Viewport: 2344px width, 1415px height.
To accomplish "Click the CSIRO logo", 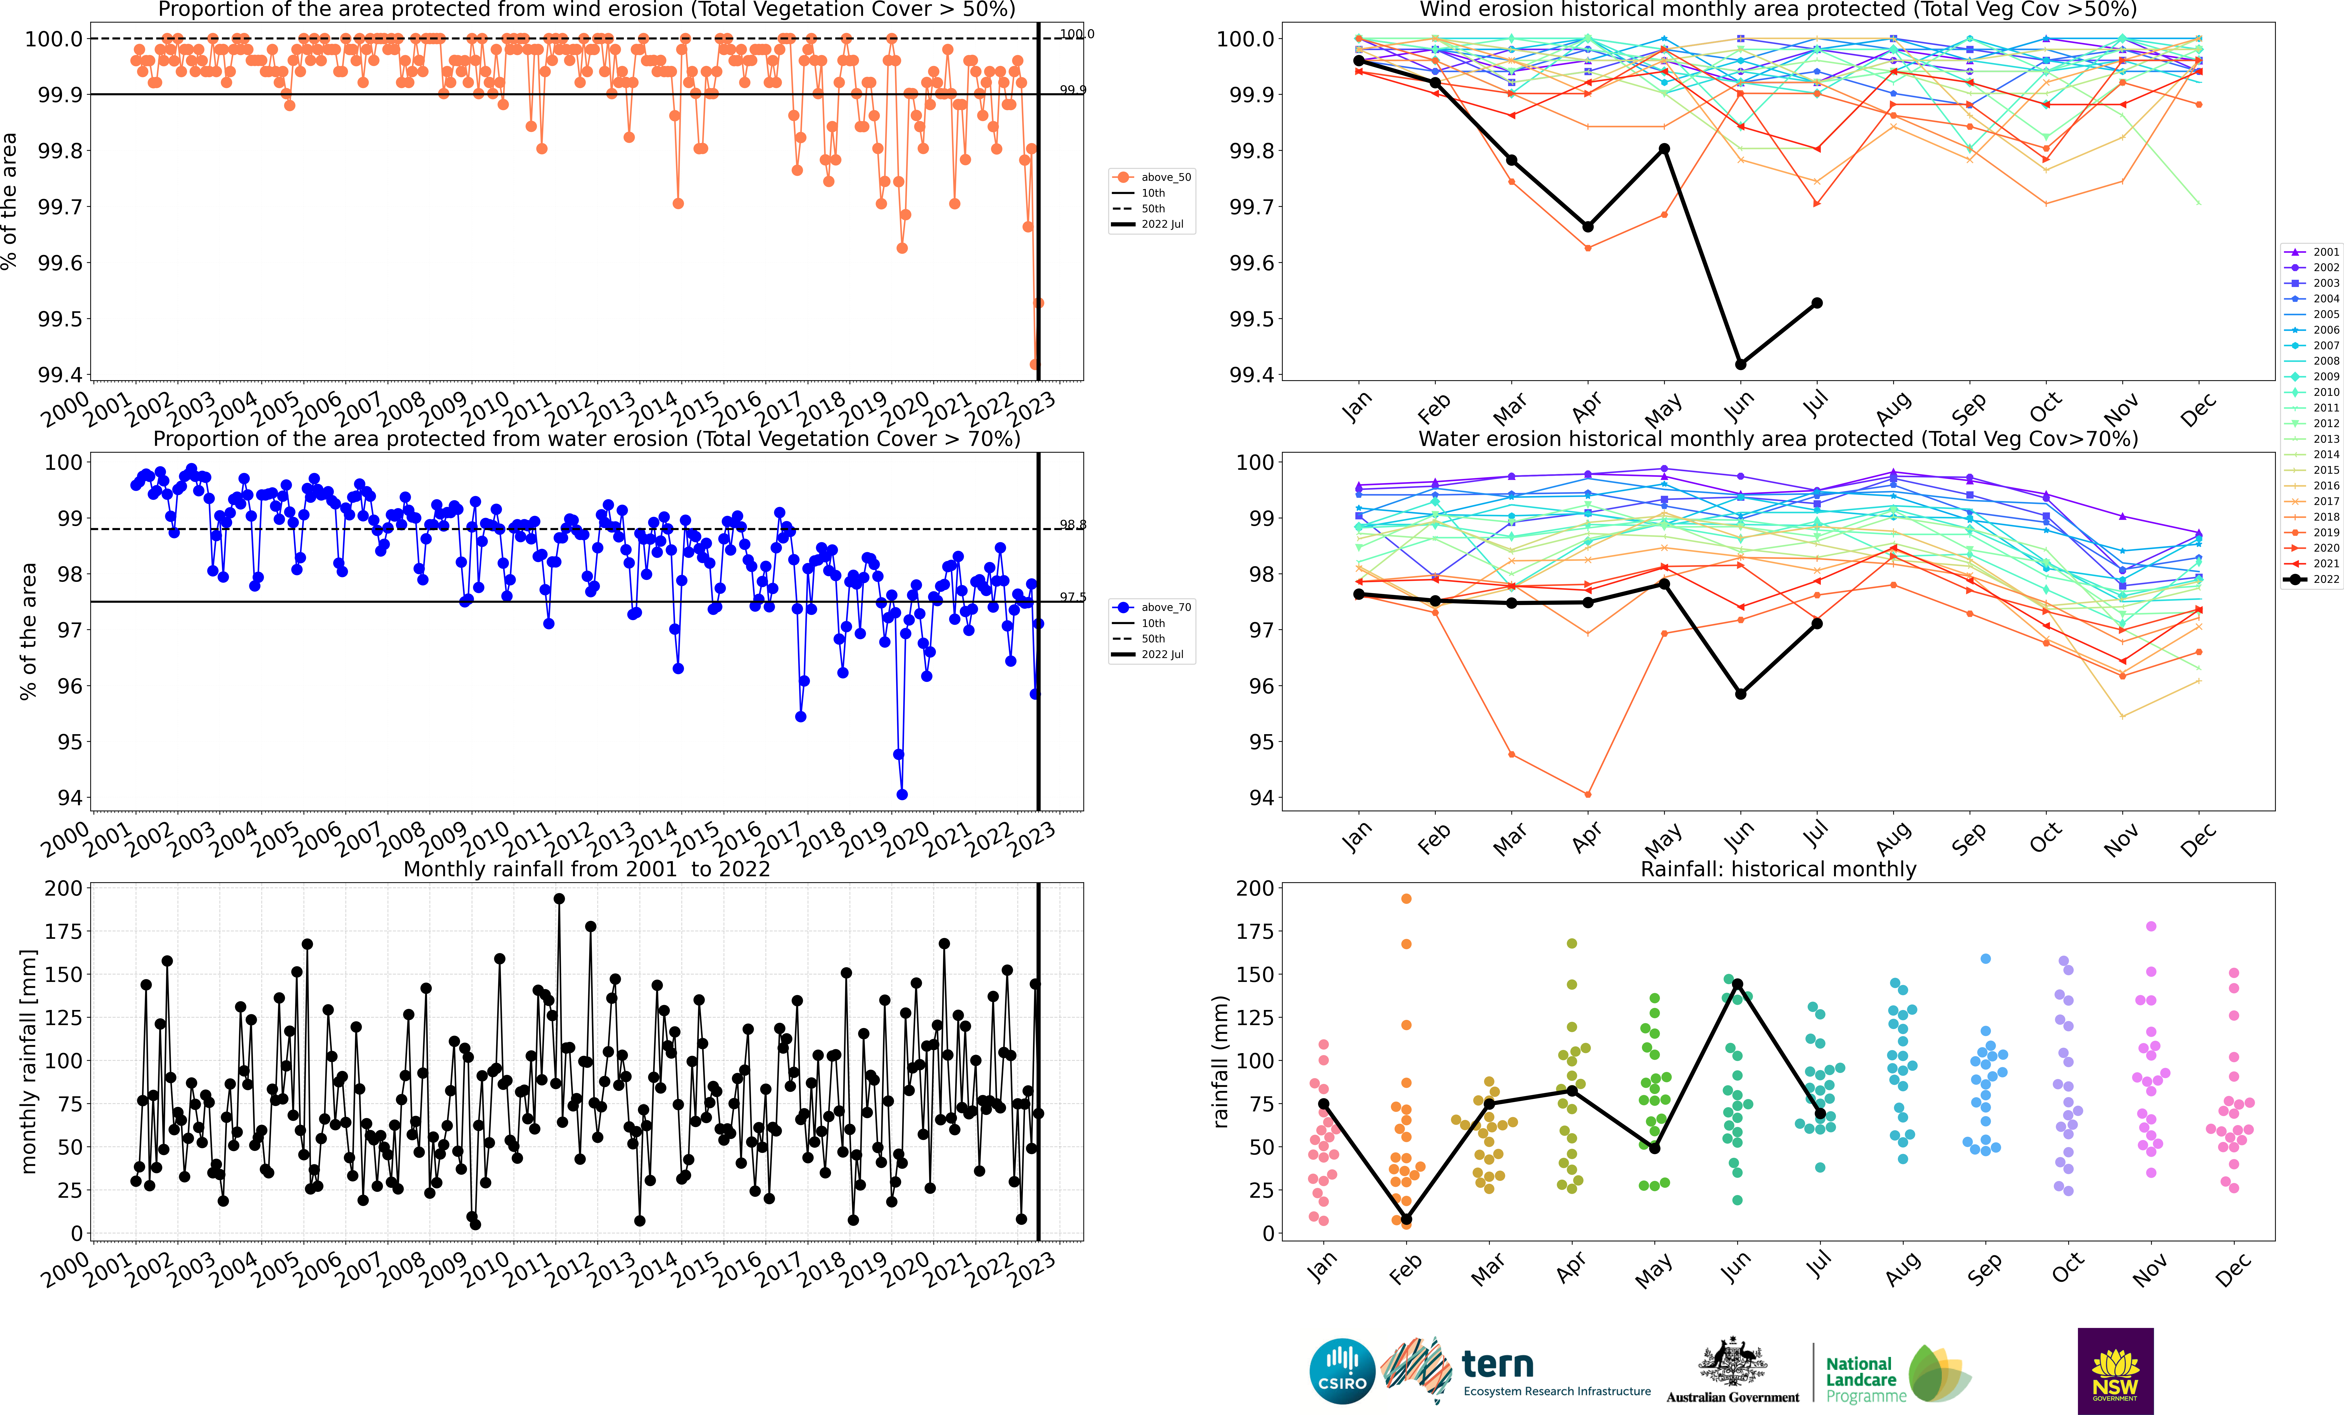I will pos(1341,1371).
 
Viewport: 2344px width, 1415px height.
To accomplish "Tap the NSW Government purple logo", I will pos(2115,1370).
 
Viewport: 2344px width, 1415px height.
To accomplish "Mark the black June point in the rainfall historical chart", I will pos(1737,984).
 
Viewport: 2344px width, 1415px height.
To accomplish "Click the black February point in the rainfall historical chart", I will pos(1406,1219).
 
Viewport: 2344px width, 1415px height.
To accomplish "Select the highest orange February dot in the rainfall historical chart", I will pos(1406,898).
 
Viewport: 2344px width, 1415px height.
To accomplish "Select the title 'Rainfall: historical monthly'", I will pos(1778,869).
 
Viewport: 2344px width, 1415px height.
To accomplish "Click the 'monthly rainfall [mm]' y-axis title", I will pos(29,1061).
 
